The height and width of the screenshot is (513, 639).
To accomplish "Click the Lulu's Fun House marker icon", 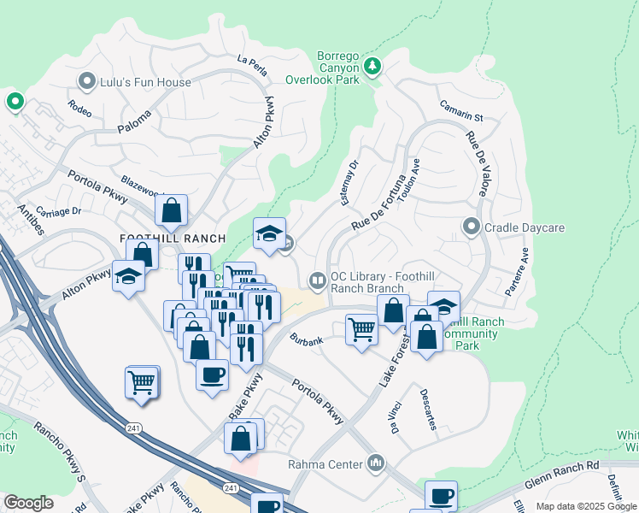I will click(86, 82).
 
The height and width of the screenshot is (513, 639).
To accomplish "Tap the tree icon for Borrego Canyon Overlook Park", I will click(372, 66).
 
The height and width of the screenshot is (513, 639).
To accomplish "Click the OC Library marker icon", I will click(317, 280).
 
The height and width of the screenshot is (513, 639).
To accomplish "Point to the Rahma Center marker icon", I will click(377, 464).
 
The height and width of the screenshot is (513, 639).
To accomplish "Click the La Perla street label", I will click(253, 65).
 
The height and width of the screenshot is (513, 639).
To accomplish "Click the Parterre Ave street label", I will click(517, 271).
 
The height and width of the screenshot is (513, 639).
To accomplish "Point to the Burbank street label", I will click(306, 340).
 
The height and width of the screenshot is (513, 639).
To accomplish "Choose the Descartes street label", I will click(428, 410).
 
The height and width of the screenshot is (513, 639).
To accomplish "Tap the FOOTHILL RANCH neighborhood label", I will click(173, 239).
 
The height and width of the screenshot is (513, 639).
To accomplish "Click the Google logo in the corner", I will click(28, 503).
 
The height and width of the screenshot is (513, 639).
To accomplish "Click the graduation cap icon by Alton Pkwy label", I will click(128, 277).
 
